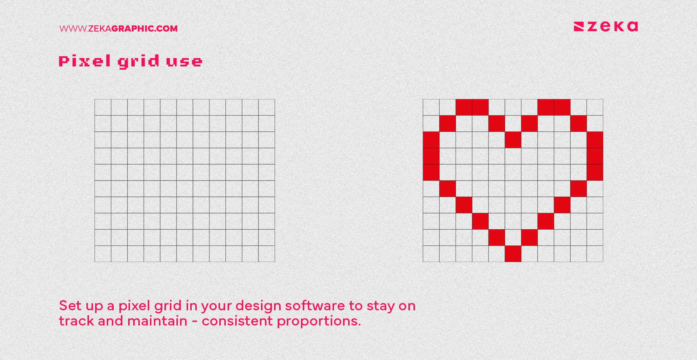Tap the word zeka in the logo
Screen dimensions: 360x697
click(x=613, y=26)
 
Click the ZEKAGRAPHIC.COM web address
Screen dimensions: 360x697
click(x=118, y=29)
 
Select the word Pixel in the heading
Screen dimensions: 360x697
click(x=85, y=61)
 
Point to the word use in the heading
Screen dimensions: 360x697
click(x=184, y=62)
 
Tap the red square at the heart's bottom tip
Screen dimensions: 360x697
click(x=513, y=254)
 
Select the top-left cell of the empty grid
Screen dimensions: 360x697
click(x=103, y=107)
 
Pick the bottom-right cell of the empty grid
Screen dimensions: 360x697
click(x=267, y=254)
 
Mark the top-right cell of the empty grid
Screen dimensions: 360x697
click(x=267, y=107)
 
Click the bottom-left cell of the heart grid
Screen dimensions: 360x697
click(x=431, y=254)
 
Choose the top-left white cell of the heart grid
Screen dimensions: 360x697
click(x=431, y=107)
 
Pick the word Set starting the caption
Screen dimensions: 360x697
click(x=70, y=306)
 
